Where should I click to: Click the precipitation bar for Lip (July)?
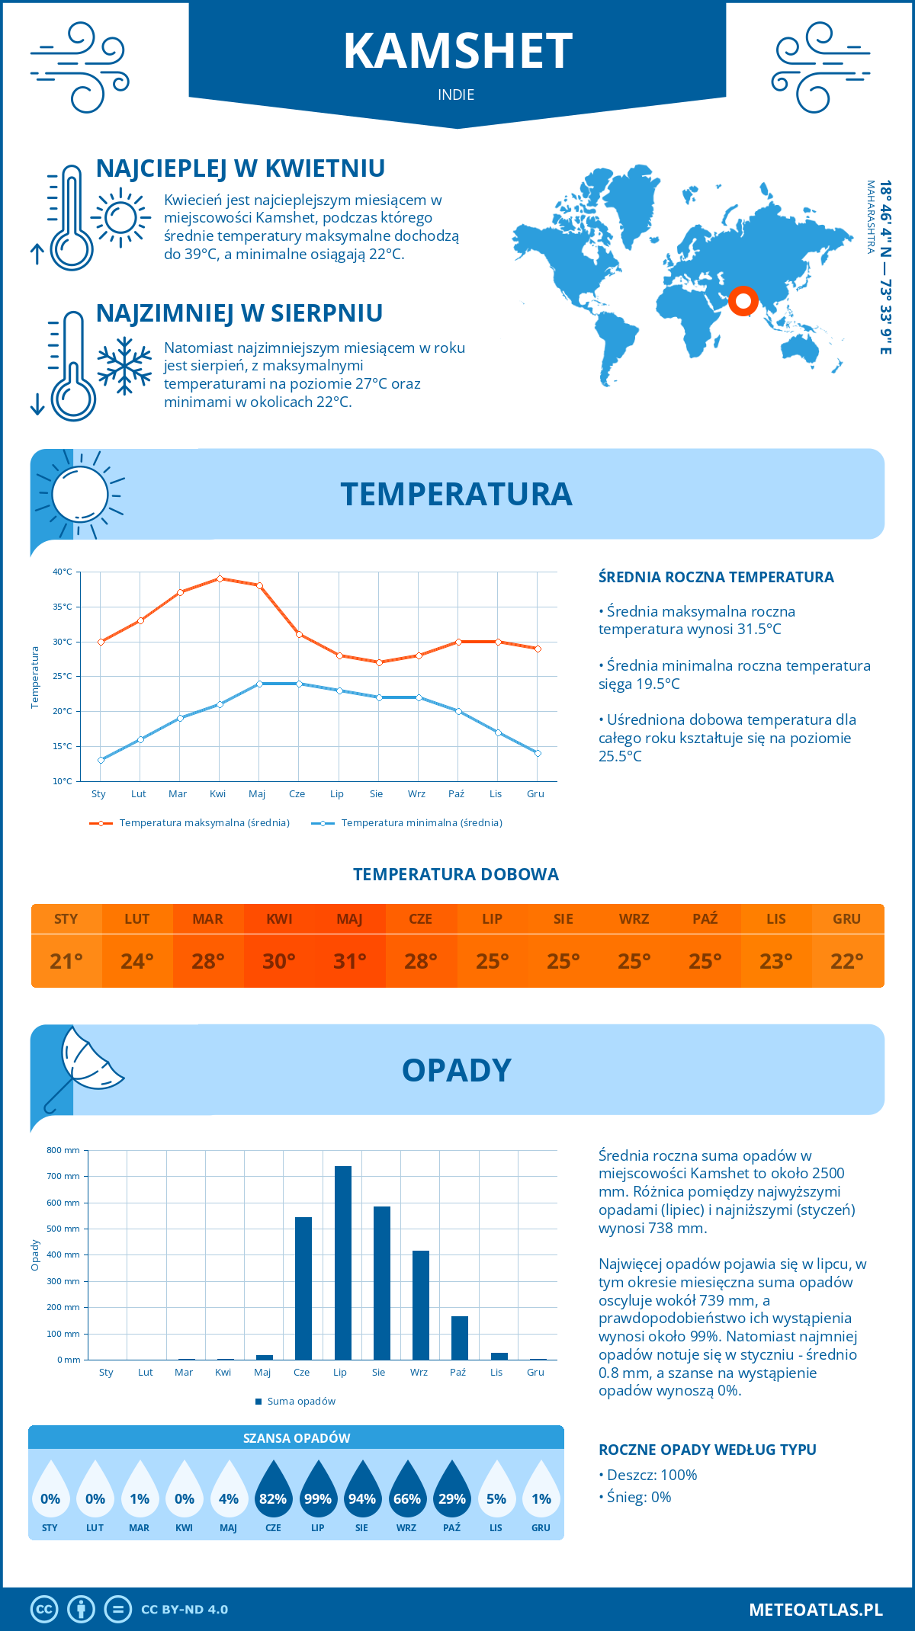click(x=343, y=1263)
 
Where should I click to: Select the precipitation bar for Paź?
click(x=460, y=1338)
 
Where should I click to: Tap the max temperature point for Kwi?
click(x=220, y=578)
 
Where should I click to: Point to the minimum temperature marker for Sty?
click(x=101, y=760)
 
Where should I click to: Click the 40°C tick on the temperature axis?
click(x=63, y=572)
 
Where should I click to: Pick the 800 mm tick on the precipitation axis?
click(x=64, y=1150)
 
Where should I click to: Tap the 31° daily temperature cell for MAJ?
click(x=350, y=961)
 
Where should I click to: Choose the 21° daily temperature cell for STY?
click(x=66, y=961)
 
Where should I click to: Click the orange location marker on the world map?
click(x=743, y=300)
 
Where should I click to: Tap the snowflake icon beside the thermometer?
click(x=124, y=366)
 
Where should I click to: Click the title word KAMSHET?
click(x=457, y=52)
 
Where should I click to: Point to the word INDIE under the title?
click(x=456, y=95)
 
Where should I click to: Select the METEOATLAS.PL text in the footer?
click(x=816, y=1610)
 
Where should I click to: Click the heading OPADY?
click(x=456, y=1070)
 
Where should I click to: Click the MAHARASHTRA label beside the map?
click(x=871, y=217)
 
